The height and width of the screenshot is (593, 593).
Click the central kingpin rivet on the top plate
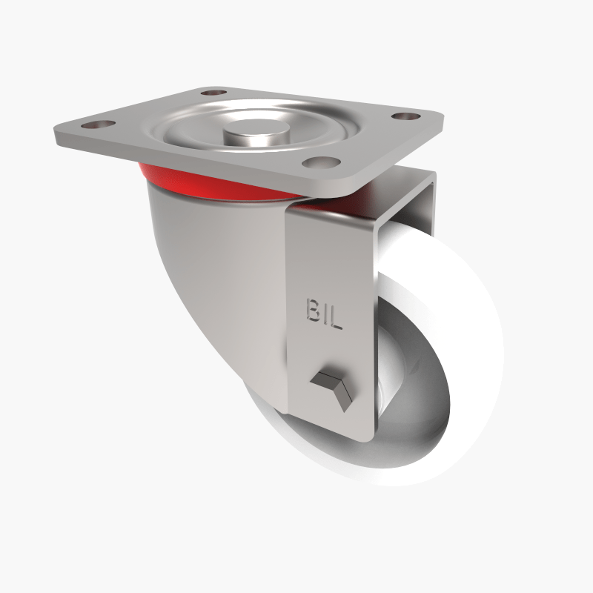[x=252, y=136]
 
